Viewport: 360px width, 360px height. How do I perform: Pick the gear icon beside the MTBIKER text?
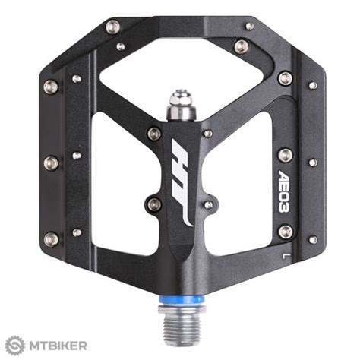[x=13, y=346]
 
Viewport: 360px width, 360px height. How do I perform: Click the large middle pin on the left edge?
[x=51, y=162]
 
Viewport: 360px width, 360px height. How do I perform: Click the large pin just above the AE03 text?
[x=285, y=155]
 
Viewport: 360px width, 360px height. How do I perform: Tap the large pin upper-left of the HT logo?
[x=154, y=134]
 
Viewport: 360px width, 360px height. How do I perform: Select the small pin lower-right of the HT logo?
[x=207, y=204]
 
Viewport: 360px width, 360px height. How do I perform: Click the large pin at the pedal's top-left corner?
[x=113, y=27]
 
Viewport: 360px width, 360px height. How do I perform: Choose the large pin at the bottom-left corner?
[x=51, y=238]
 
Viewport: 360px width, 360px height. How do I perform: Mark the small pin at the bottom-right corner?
[x=312, y=239]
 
